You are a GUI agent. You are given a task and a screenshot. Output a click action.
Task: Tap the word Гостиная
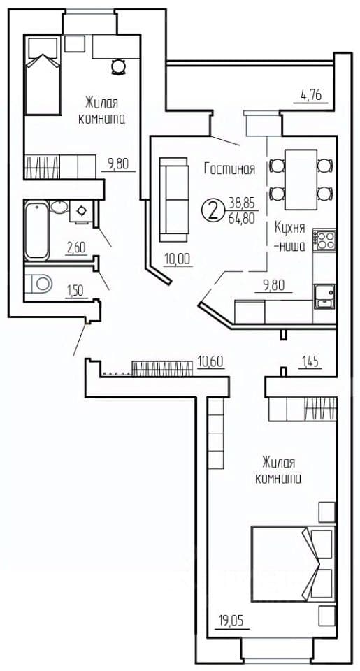(x=230, y=169)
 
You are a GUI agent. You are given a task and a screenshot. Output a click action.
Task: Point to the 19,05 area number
(x=233, y=621)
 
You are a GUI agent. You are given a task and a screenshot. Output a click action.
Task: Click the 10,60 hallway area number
(x=211, y=361)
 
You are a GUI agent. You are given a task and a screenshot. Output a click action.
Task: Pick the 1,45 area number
(x=310, y=362)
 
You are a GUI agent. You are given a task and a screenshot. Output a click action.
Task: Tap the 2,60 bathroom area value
(x=76, y=247)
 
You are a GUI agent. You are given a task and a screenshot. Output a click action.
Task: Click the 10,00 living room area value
(x=178, y=259)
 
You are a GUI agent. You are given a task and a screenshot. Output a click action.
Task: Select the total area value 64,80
(x=242, y=218)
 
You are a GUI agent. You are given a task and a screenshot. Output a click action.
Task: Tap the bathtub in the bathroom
(x=37, y=231)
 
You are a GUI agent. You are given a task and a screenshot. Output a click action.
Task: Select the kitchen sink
(x=324, y=296)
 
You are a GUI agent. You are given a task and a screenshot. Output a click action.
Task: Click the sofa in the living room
(x=174, y=199)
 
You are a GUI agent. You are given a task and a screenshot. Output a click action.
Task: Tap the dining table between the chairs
(x=301, y=180)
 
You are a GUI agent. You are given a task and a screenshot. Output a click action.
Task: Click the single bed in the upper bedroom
(x=42, y=75)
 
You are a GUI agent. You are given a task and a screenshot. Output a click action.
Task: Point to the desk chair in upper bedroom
(x=117, y=67)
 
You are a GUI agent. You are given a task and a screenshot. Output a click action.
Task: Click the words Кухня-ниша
(x=290, y=237)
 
